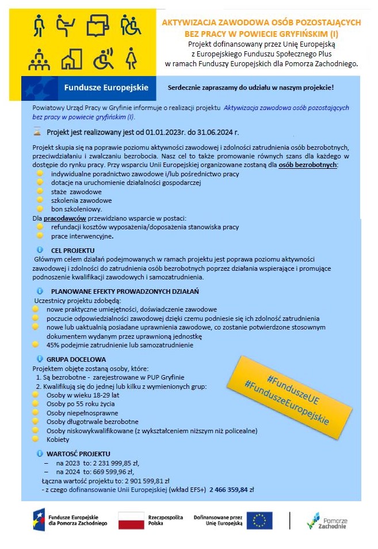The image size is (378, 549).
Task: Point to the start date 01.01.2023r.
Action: (x=169, y=131)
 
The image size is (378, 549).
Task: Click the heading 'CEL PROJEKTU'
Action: (x=72, y=251)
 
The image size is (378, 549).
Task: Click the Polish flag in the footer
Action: (x=131, y=520)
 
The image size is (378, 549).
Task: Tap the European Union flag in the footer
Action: (x=259, y=520)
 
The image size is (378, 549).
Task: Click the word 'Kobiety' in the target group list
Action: (x=58, y=440)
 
